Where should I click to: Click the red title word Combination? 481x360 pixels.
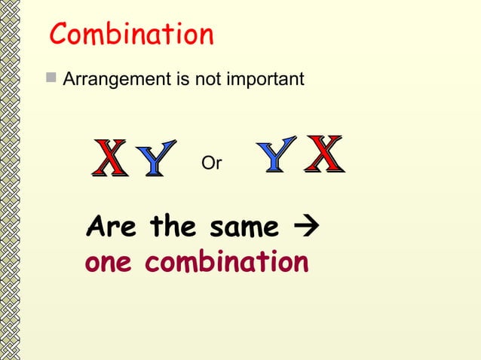point(131,35)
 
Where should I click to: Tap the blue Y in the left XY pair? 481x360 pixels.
point(155,159)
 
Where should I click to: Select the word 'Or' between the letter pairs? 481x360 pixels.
point(212,163)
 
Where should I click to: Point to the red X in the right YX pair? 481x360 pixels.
point(324,154)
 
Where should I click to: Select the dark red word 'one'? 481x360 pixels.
point(110,263)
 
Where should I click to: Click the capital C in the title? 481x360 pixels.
point(61,35)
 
